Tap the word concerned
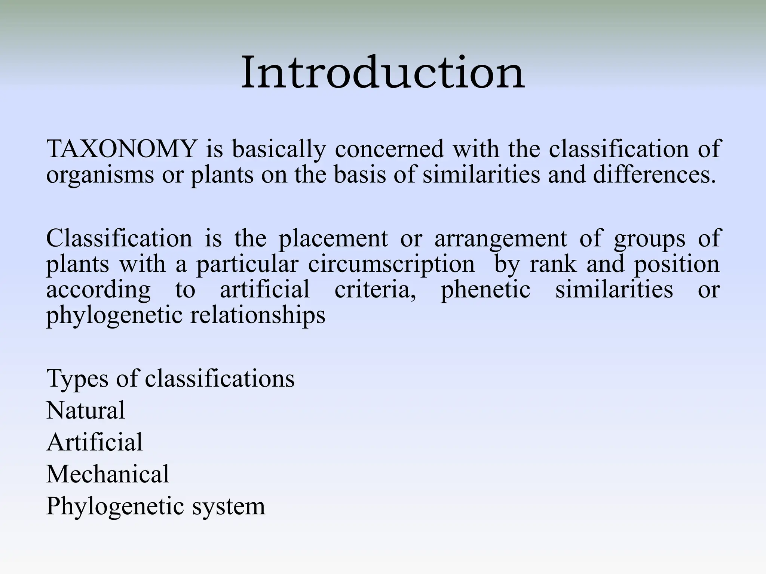pyautogui.click(x=389, y=149)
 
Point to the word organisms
pyautogui.click(x=100, y=175)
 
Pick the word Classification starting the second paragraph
pyautogui.click(x=119, y=238)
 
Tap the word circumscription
pyautogui.click(x=391, y=265)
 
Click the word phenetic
pyautogui.click(x=485, y=290)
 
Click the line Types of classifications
pyautogui.click(x=170, y=379)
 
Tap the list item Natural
pyautogui.click(x=85, y=410)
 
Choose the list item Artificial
pyautogui.click(x=94, y=442)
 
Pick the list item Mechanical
pyautogui.click(x=108, y=474)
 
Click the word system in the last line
pyautogui.click(x=228, y=507)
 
